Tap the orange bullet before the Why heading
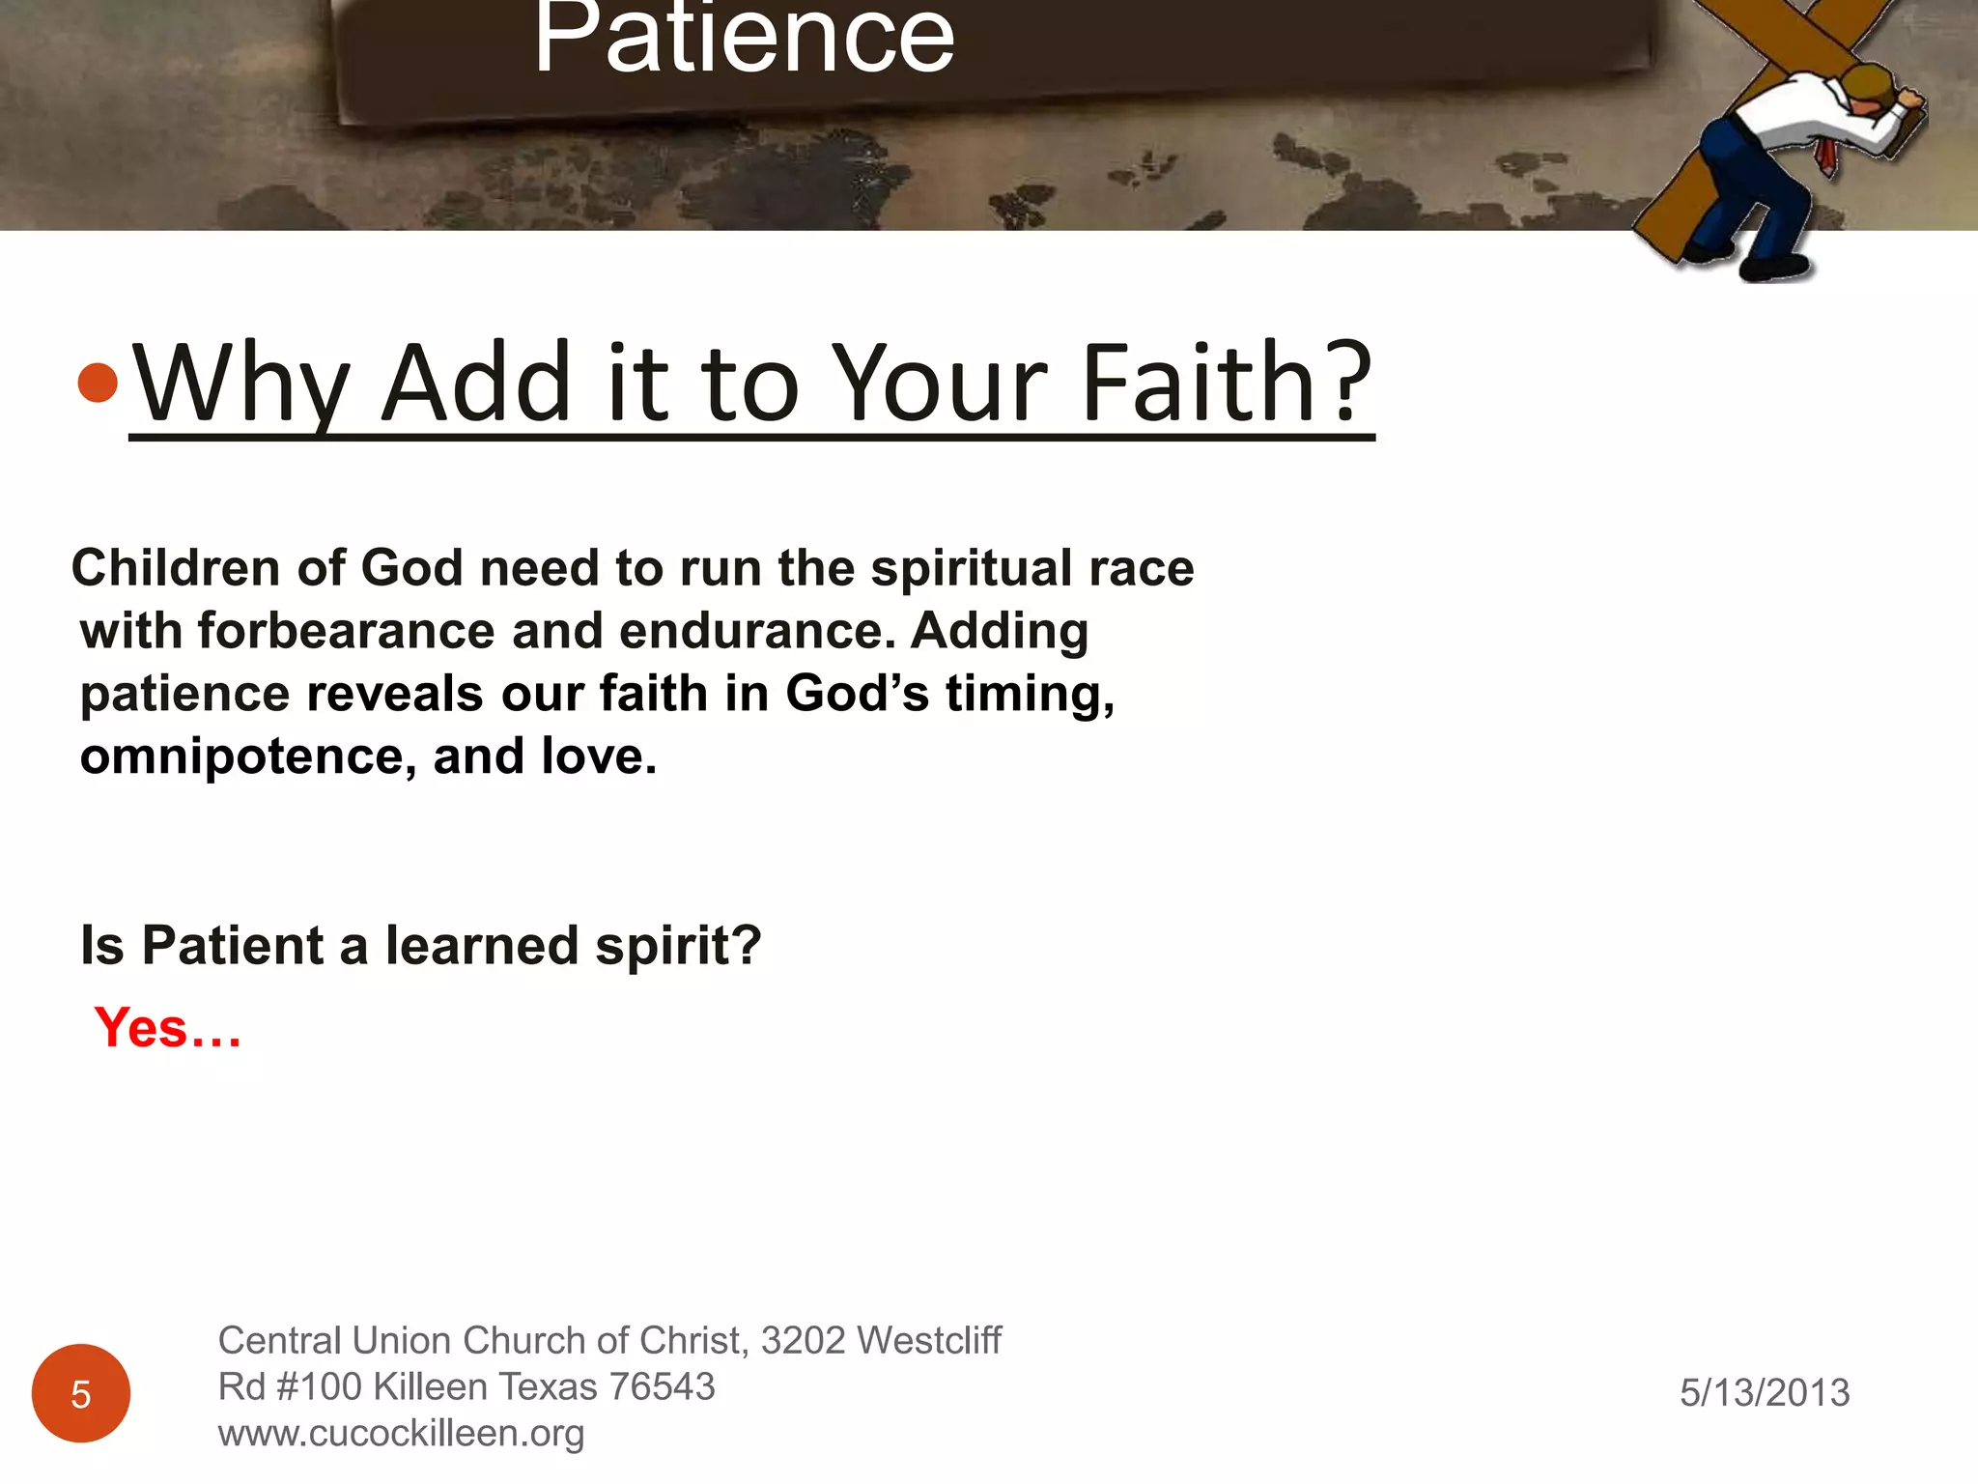pos(98,383)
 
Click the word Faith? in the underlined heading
pos(1227,384)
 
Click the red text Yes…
pos(167,1028)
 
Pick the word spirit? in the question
pos(678,946)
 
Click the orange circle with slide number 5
pos(81,1393)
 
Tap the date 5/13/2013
pos(1765,1393)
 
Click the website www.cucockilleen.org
pos(401,1434)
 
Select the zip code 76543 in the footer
pos(662,1387)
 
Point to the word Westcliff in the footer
pos(929,1341)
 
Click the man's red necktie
pos(1824,156)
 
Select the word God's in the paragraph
pos(857,694)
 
